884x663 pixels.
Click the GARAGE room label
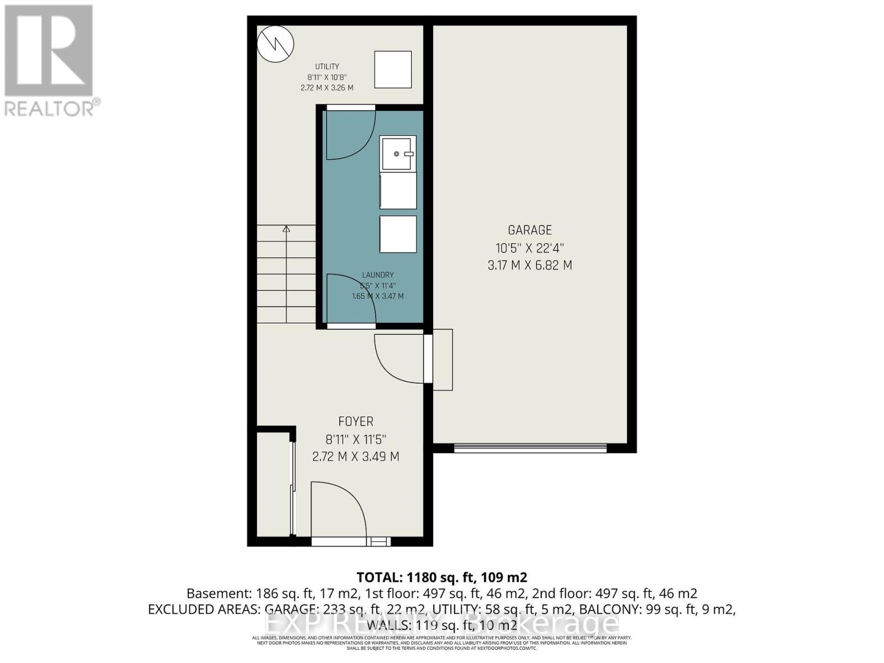pyautogui.click(x=530, y=230)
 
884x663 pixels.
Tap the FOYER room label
pyautogui.click(x=356, y=422)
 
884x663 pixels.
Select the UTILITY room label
pyautogui.click(x=327, y=67)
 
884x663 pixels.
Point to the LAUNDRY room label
pyautogui.click(x=378, y=275)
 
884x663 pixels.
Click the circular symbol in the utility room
pyautogui.click(x=275, y=44)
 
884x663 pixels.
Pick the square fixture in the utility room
pyautogui.click(x=393, y=69)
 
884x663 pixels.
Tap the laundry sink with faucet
pyautogui.click(x=398, y=153)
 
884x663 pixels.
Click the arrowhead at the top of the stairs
pyautogui.click(x=286, y=228)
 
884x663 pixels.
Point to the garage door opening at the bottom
pyautogui.click(x=530, y=448)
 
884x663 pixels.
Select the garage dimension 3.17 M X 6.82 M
pyautogui.click(x=530, y=265)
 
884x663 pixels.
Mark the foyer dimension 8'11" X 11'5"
pyautogui.click(x=356, y=440)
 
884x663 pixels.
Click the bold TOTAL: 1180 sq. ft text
pyautogui.click(x=441, y=577)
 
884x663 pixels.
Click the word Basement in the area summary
pyautogui.click(x=219, y=593)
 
